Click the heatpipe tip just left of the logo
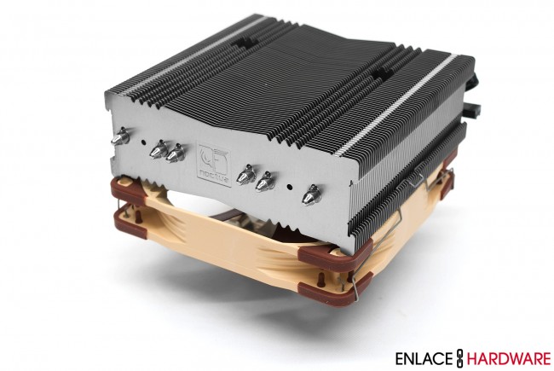pos(176,155)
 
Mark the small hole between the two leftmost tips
pos(141,142)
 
